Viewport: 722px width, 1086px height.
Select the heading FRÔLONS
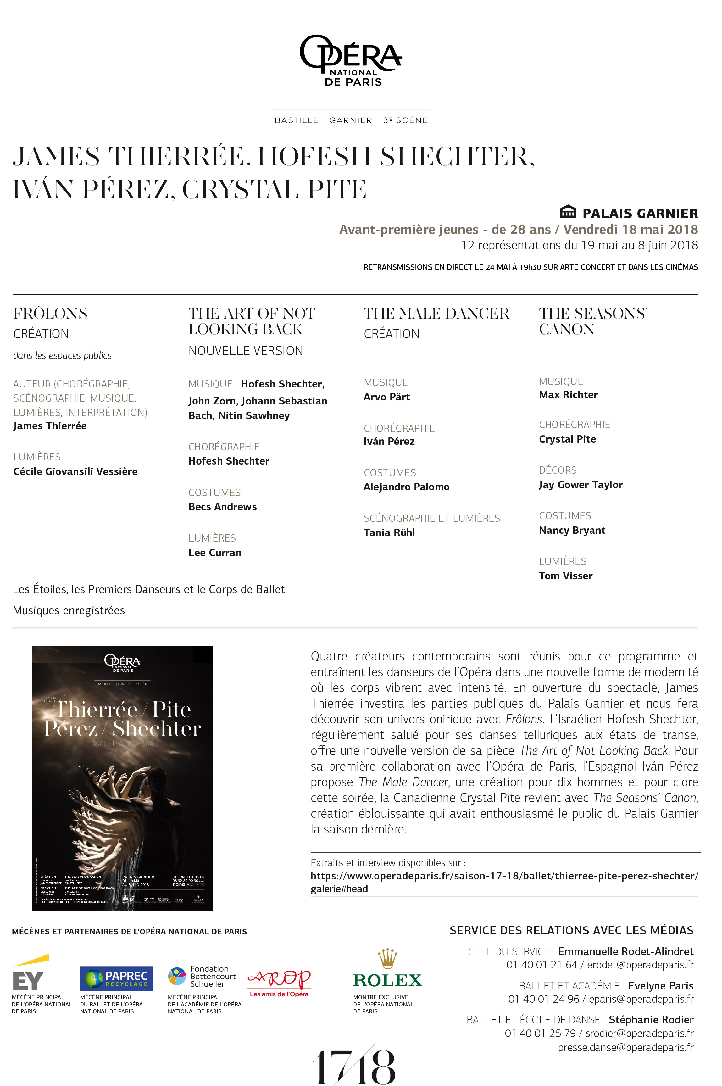coord(50,314)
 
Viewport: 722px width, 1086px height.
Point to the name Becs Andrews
coord(222,507)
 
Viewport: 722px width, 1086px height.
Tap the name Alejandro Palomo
coord(406,487)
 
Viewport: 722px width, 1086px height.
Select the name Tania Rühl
coord(389,532)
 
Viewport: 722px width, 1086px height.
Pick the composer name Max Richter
coord(568,395)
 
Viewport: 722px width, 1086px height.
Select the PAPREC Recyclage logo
coord(116,978)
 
